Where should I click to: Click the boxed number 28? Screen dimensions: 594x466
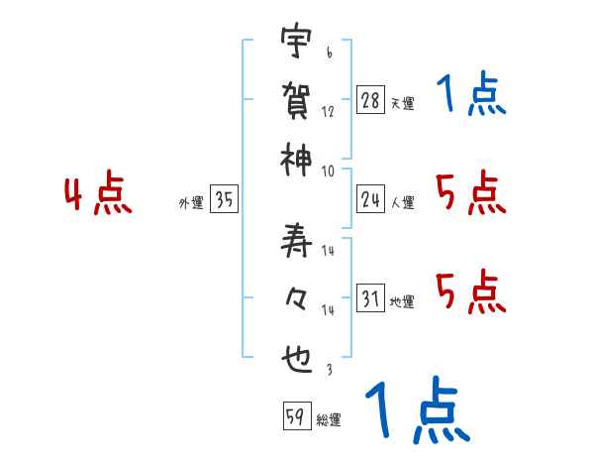pos(370,99)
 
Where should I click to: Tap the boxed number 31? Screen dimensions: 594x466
pos(370,299)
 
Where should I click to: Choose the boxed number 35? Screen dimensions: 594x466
pos(224,200)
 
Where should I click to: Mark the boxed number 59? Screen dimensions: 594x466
pos(295,417)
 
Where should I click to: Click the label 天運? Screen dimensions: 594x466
pos(402,103)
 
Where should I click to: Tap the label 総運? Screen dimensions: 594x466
pos(329,420)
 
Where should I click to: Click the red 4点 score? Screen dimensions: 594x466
pos(98,195)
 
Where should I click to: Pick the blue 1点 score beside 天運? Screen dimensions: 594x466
pos(470,95)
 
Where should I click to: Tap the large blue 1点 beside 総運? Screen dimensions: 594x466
pos(416,411)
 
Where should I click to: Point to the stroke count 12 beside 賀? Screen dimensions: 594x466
pos(328,112)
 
